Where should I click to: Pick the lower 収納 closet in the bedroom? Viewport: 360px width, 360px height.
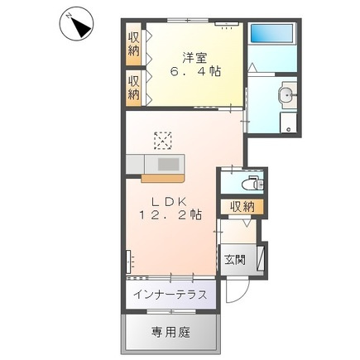point(133,88)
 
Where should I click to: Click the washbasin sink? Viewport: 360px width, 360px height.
point(286,96)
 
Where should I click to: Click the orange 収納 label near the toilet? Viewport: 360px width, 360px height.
point(242,206)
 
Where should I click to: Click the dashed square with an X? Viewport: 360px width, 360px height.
point(162,140)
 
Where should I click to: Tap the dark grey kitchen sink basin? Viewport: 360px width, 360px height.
point(169,164)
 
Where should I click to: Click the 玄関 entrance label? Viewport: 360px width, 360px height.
point(233,259)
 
